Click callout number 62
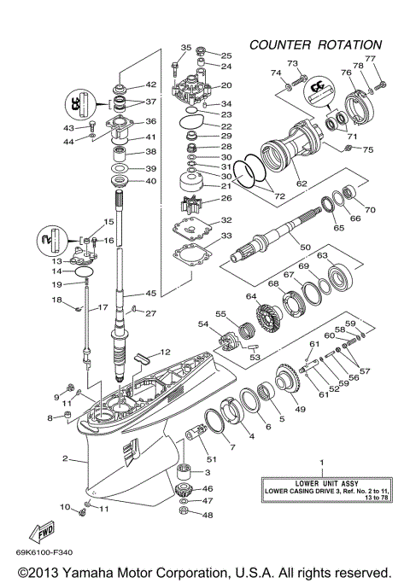(x=302, y=182)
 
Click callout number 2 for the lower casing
(x=64, y=458)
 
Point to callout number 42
(x=150, y=85)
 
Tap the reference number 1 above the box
(x=322, y=462)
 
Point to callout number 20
(x=226, y=85)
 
